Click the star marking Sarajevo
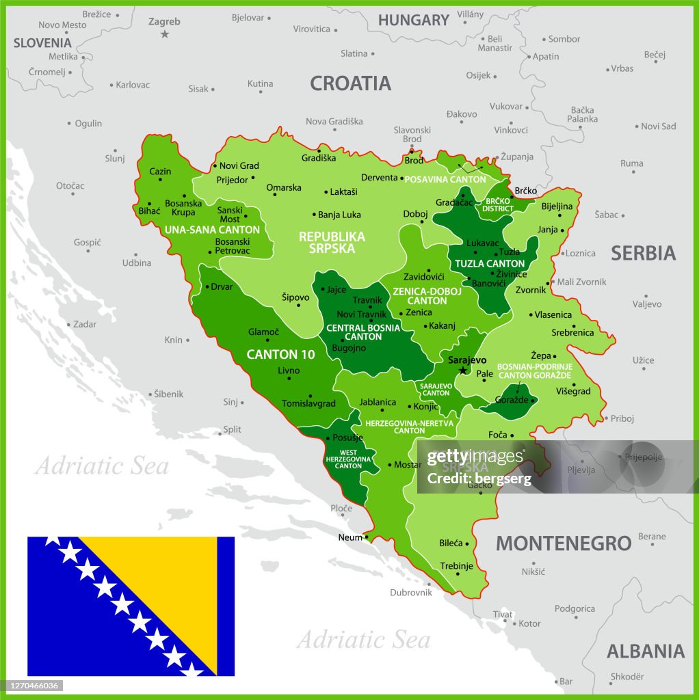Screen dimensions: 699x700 [463, 371]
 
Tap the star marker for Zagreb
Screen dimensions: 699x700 [164, 33]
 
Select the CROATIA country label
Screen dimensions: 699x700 [350, 83]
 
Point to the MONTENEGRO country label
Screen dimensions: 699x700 [563, 543]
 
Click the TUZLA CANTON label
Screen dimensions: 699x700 [490, 263]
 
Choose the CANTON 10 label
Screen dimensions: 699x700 [280, 354]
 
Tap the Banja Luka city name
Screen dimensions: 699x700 [339, 215]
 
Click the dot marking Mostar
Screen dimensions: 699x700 [389, 465]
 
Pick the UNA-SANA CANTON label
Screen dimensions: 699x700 [212, 230]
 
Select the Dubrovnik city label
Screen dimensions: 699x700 [411, 593]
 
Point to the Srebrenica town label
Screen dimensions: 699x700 [572, 333]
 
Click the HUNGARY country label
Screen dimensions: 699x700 [413, 21]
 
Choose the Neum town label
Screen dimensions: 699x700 [349, 537]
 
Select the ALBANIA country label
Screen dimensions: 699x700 [645, 651]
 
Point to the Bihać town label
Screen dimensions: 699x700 [149, 211]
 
